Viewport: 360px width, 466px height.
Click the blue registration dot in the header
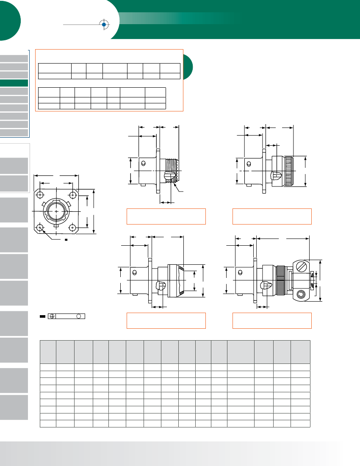coord(104,25)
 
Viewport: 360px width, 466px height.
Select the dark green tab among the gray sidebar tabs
coord(14,83)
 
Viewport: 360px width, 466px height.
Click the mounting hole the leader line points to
coord(40,227)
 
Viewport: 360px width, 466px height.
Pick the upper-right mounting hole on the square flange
coord(73,195)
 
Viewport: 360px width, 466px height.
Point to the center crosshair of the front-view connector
coord(56,211)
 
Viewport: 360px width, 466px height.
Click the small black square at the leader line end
coord(66,240)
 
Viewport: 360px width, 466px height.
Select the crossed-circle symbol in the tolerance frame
coord(52,316)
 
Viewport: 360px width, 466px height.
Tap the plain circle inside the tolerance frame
coord(78,316)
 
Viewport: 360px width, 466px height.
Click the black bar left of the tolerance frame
coord(42,316)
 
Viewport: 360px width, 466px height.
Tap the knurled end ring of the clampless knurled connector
coord(289,171)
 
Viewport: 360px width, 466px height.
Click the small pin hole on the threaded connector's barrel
coord(144,164)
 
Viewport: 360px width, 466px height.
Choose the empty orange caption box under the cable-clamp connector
coord(272,320)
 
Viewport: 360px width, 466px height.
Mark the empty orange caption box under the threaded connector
coord(166,216)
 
